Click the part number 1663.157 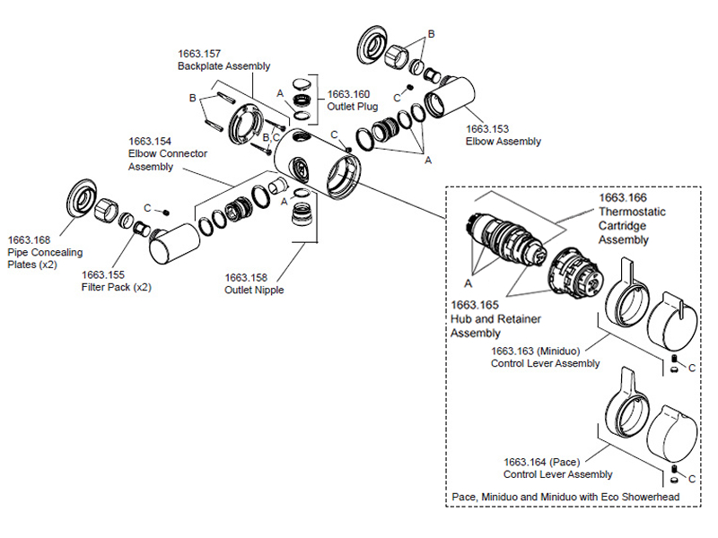tap(198, 54)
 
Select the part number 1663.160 tap(347, 93)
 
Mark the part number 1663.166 tap(623, 196)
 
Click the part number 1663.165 tap(473, 305)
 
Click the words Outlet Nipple tap(254, 291)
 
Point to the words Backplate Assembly tap(223, 66)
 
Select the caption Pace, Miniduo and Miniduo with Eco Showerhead tap(563, 497)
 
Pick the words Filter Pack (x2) tap(116, 289)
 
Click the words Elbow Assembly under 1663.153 tap(503, 142)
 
